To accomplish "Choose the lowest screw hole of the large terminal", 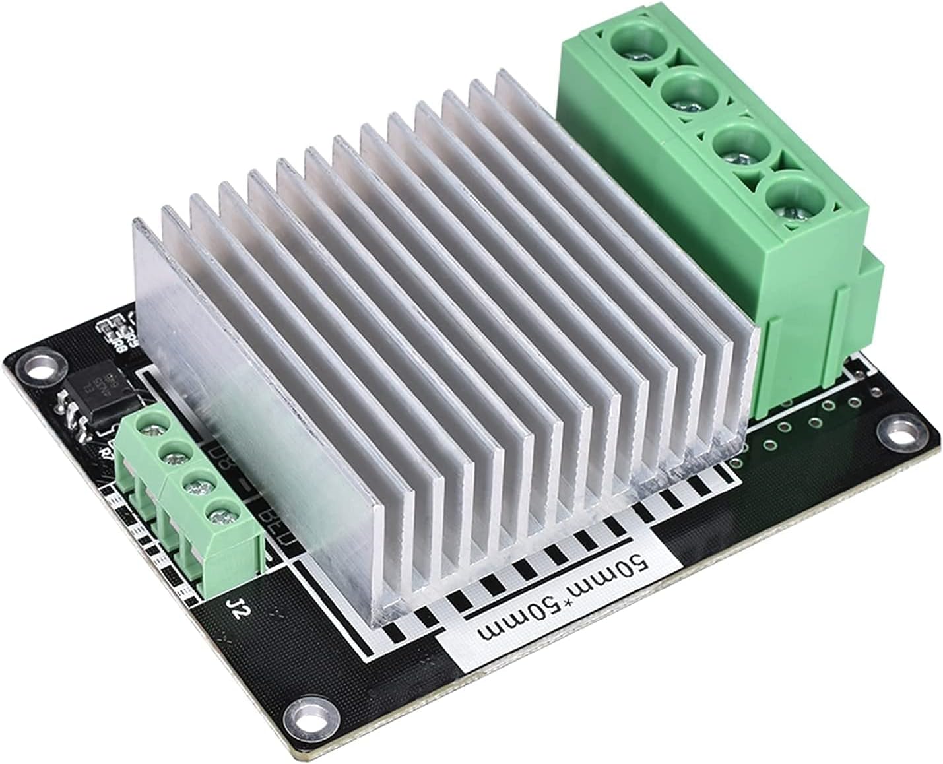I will pyautogui.click(x=789, y=201).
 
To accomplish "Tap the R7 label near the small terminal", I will pyautogui.click(x=106, y=452).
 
